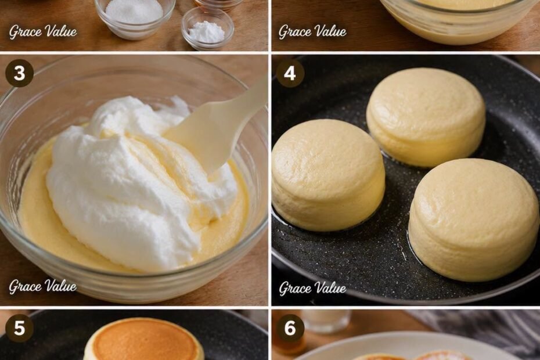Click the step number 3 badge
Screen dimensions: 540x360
click(19, 73)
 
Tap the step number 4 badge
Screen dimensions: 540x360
click(290, 73)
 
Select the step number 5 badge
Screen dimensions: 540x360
click(19, 327)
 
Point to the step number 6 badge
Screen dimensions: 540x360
click(290, 327)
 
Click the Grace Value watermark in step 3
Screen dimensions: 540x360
click(43, 286)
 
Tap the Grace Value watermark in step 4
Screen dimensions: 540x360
click(312, 287)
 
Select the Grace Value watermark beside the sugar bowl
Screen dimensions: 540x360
click(43, 32)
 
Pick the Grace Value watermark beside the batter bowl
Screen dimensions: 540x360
click(312, 32)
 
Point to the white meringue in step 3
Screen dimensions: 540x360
click(138, 182)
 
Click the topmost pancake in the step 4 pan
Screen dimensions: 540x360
click(426, 117)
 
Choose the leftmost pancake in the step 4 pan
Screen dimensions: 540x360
click(328, 175)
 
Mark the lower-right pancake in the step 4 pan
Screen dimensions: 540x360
click(474, 219)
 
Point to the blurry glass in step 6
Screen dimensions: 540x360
click(325, 321)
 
